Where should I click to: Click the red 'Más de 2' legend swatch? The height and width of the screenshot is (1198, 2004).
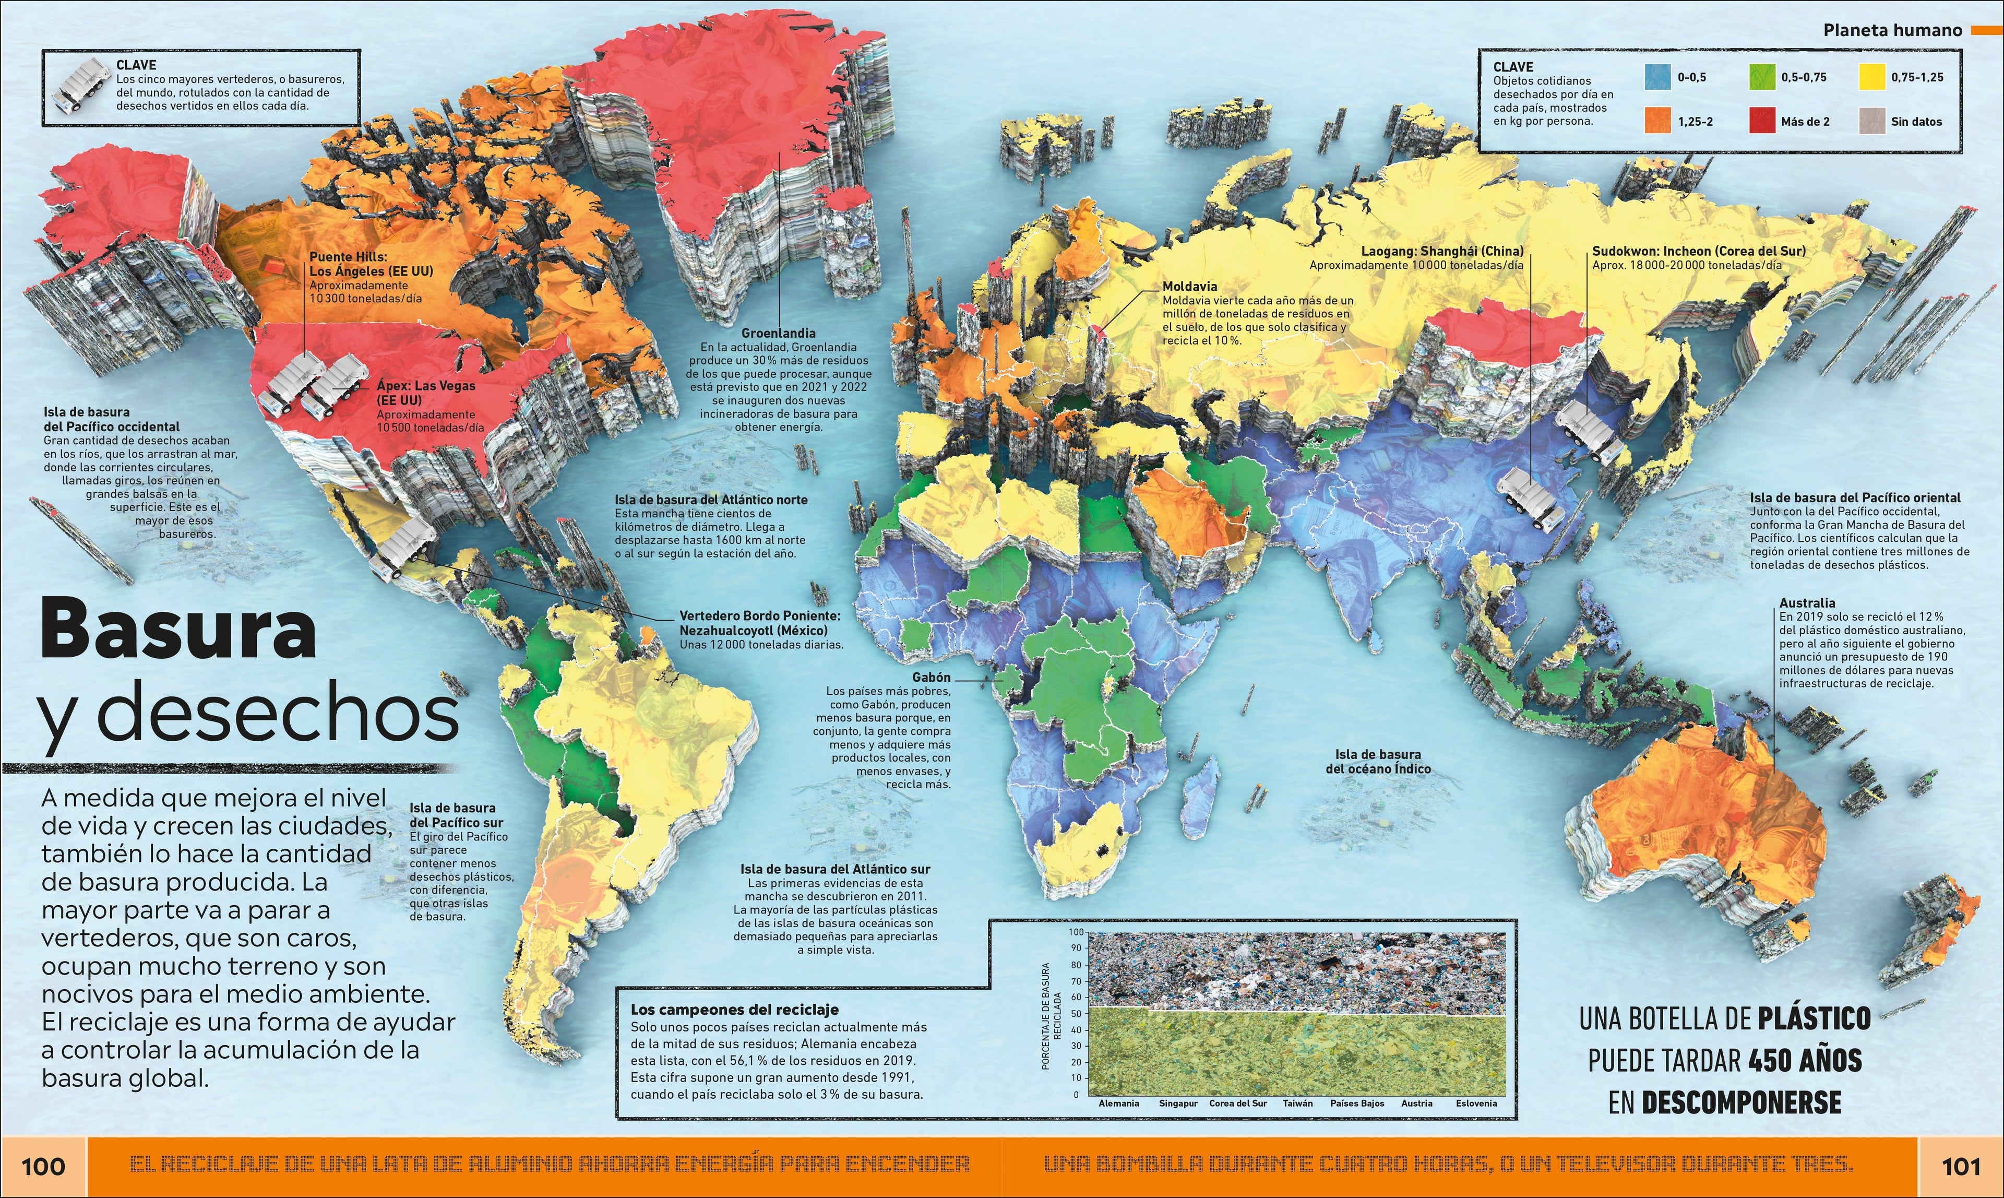[x=1762, y=121]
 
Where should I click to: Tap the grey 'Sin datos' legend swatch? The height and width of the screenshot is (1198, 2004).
[x=1871, y=121]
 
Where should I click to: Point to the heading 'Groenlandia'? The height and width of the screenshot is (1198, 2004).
[x=778, y=333]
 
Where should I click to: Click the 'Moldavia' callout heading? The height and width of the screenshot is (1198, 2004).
[x=1190, y=287]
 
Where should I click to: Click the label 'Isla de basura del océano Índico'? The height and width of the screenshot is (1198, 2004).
[x=1378, y=761]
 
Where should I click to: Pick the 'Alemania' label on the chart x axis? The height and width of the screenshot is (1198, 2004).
[x=1118, y=1103]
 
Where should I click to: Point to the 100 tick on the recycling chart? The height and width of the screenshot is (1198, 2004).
[x=1077, y=932]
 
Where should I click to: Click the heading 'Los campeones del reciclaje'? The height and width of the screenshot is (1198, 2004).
[x=734, y=1009]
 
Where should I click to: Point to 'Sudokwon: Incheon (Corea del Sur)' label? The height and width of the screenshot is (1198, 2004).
[x=1699, y=251]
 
